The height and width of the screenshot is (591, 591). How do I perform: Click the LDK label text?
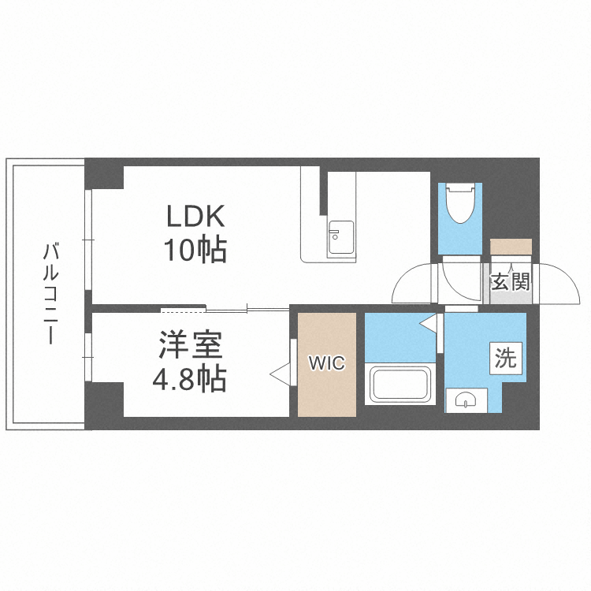point(195,215)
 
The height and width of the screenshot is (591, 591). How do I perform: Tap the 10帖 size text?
point(195,251)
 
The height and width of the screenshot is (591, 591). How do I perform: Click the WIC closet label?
point(326,363)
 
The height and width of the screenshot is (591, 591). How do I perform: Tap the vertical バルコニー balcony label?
point(50,294)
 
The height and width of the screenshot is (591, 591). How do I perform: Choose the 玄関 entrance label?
point(511,281)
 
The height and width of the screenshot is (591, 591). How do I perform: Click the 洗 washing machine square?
point(506,359)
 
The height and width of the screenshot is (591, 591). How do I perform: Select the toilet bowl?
point(459,206)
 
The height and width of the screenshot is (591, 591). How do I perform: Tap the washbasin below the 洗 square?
point(466,401)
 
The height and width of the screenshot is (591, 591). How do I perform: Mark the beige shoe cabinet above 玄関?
point(511,247)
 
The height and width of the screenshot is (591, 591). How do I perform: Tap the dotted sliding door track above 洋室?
point(184,307)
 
